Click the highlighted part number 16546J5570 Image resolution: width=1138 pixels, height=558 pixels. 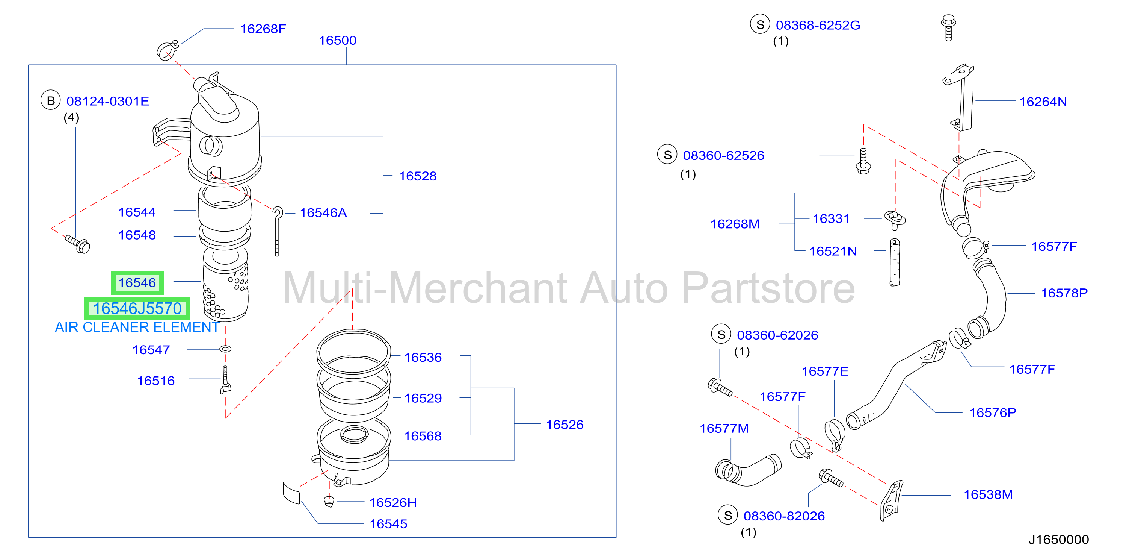click(x=137, y=309)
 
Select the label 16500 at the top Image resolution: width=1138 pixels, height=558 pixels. click(x=338, y=40)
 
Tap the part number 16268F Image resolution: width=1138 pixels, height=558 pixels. click(x=263, y=29)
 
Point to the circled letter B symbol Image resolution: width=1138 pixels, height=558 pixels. click(x=51, y=100)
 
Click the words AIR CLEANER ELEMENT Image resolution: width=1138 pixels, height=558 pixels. click(x=137, y=327)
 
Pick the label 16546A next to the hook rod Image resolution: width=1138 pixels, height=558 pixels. click(x=323, y=213)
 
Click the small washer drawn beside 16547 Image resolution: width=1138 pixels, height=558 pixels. click(x=225, y=349)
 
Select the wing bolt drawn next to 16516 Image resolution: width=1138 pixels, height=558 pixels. click(x=225, y=380)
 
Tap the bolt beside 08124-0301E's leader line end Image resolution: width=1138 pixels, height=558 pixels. click(x=78, y=244)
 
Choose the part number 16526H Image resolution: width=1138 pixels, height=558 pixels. click(x=393, y=502)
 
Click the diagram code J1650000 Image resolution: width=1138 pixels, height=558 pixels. click(x=1058, y=540)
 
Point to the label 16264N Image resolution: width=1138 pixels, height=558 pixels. click(x=1043, y=102)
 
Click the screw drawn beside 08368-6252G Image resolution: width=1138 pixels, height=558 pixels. click(x=948, y=27)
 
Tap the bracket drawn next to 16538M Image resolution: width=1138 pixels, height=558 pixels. click(x=892, y=500)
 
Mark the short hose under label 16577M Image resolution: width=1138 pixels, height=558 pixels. click(x=747, y=470)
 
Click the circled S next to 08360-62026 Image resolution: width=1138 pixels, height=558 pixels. click(x=721, y=334)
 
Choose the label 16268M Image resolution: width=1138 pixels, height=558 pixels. click(x=735, y=224)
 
